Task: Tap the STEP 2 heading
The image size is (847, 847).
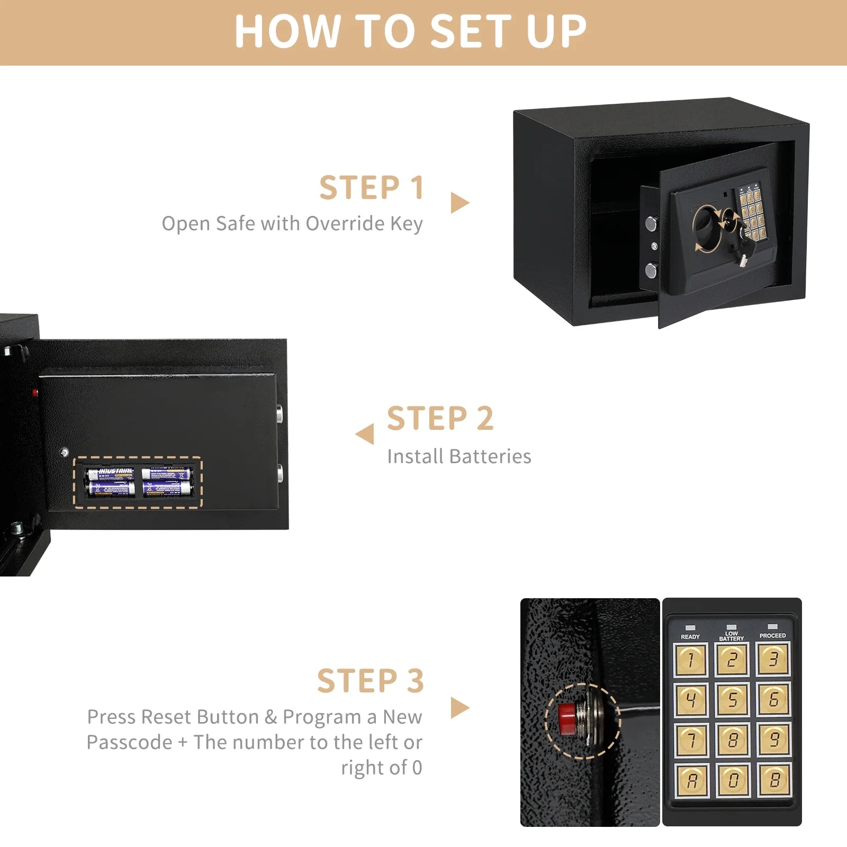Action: [x=440, y=419]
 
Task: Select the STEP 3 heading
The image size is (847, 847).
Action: [x=371, y=681]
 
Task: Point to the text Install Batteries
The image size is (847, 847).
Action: [x=459, y=456]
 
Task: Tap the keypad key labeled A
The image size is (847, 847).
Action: [x=691, y=780]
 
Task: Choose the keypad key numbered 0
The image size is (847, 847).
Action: [x=733, y=780]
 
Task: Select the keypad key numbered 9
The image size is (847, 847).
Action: [x=773, y=740]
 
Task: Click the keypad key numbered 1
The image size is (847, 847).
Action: [x=690, y=660]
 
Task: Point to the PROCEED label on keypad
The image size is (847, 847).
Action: [x=772, y=635]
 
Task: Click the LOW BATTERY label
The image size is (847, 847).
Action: [x=732, y=636]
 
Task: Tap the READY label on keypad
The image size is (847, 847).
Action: [x=690, y=636]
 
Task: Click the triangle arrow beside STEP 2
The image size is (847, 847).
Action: [x=365, y=434]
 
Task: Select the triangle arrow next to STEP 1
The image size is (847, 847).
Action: [x=459, y=203]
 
